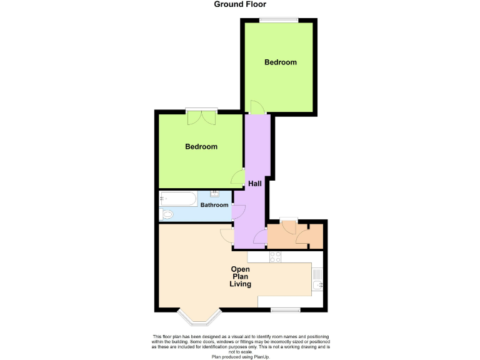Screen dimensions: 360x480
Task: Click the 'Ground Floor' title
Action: [240, 4]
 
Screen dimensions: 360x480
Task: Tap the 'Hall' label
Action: [255, 184]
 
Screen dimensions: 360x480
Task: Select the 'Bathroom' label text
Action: [214, 205]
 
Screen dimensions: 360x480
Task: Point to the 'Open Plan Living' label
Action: [241, 277]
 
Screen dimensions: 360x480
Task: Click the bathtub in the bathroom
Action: [179, 198]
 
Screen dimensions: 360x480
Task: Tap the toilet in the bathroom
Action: [167, 215]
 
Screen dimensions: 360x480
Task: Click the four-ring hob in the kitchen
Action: [276, 257]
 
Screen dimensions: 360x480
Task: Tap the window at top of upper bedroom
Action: [279, 20]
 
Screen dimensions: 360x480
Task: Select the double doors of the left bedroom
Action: [201, 116]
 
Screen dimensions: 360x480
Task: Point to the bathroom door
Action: [237, 212]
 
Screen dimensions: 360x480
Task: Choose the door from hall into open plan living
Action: [226, 235]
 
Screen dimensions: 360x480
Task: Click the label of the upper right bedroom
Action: [280, 62]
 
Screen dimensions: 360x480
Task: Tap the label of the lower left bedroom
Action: [201, 147]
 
